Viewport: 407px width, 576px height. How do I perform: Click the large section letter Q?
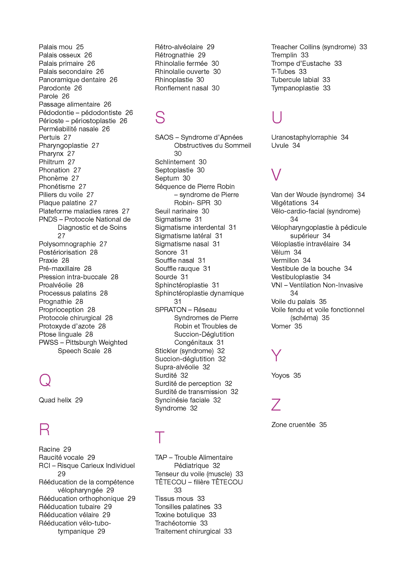click(45, 380)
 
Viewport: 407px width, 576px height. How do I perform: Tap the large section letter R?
click(44, 429)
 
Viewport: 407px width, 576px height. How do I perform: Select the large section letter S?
click(160, 117)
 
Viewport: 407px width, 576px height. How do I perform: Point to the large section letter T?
click(160, 438)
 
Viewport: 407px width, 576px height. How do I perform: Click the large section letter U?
click(277, 117)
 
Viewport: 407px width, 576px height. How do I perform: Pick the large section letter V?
click(276, 175)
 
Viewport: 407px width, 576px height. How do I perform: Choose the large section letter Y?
click(276, 355)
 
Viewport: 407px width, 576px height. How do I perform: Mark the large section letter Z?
click(276, 405)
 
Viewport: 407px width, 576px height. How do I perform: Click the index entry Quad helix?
click(55, 400)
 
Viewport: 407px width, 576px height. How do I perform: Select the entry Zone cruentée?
click(293, 425)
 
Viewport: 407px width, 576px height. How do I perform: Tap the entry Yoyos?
click(280, 375)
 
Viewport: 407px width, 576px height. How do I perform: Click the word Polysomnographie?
click(67, 244)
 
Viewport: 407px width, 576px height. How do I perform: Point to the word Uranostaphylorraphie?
click(304, 137)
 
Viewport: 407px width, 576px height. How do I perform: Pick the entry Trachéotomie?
click(176, 523)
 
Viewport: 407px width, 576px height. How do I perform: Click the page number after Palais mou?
click(80, 47)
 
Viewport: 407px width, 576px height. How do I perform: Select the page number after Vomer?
click(298, 326)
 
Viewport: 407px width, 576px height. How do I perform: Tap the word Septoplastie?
click(174, 170)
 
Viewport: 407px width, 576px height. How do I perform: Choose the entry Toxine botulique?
click(180, 515)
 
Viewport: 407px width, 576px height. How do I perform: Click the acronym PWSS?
click(48, 343)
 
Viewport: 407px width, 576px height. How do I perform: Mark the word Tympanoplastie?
click(295, 88)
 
